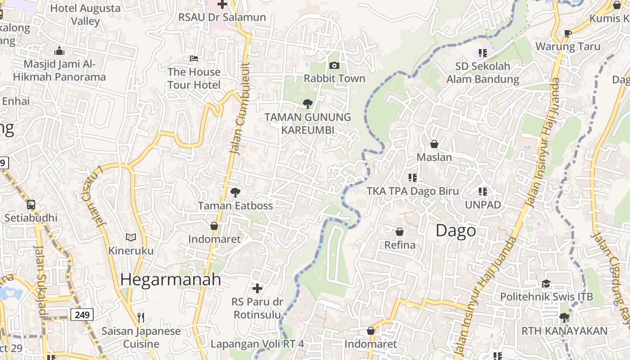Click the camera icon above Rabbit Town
click(x=334, y=66)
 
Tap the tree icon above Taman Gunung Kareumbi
click(x=307, y=104)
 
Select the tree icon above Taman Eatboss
click(x=235, y=193)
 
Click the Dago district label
click(x=455, y=230)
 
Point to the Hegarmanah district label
click(x=171, y=279)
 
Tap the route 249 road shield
click(x=82, y=315)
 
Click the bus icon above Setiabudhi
click(x=31, y=205)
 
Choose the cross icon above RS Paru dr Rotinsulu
click(x=257, y=288)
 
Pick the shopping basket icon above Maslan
click(x=434, y=144)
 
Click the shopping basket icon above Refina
click(x=399, y=232)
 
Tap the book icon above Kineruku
click(x=131, y=237)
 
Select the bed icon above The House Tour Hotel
click(x=194, y=58)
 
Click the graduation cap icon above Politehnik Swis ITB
click(x=546, y=283)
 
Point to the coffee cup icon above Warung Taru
click(x=568, y=33)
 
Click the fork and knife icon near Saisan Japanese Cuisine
click(x=141, y=318)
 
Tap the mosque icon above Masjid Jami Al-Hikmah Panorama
click(x=59, y=50)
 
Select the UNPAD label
click(x=482, y=205)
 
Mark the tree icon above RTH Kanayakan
click(x=564, y=318)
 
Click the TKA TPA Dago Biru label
click(x=413, y=191)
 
